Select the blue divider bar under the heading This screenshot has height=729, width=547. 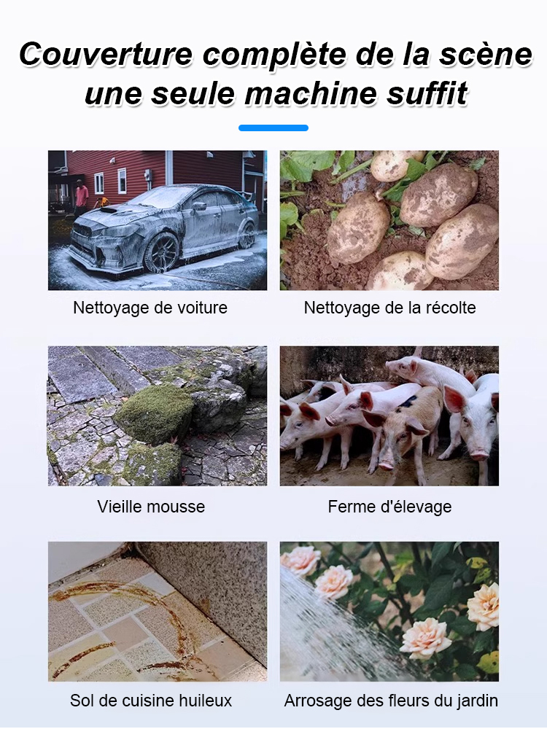tap(273, 128)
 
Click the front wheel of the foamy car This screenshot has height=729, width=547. tap(161, 252)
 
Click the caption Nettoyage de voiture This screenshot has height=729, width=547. tap(150, 308)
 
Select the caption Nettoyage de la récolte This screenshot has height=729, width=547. tap(389, 308)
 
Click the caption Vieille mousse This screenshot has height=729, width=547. tap(151, 506)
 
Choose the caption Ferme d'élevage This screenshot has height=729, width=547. tap(389, 506)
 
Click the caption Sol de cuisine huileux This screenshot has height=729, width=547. tap(151, 701)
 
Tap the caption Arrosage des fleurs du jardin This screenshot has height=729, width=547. tap(391, 701)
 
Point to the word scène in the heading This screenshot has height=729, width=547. tap(485, 55)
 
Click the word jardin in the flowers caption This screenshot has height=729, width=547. tap(475, 701)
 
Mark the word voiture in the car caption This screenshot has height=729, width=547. tap(201, 308)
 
